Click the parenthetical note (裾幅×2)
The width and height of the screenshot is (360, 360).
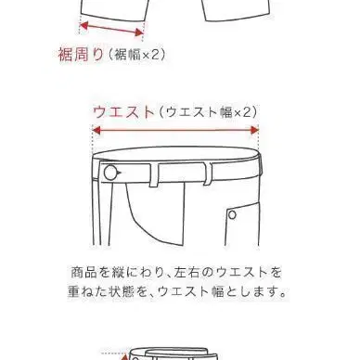(x=136, y=55)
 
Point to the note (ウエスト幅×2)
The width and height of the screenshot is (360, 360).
(x=208, y=112)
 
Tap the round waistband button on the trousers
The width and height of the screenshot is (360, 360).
(x=111, y=174)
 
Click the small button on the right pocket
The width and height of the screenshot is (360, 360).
(x=233, y=214)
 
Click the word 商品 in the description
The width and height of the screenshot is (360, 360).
(x=82, y=274)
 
